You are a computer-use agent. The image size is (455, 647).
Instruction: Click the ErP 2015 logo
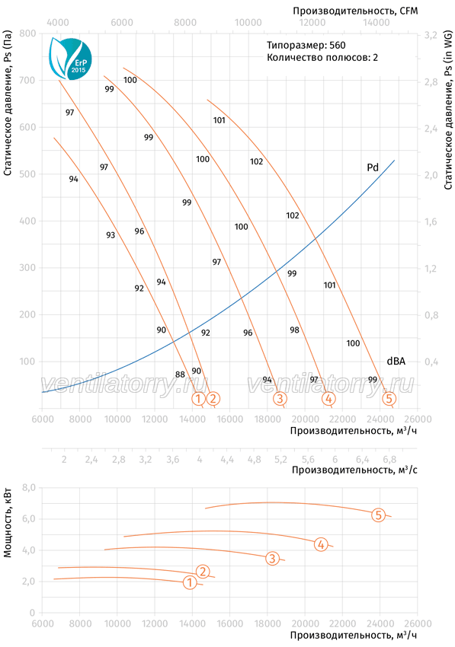pyautogui.click(x=70, y=58)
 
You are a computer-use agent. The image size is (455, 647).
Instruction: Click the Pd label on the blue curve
pyautogui.click(x=373, y=167)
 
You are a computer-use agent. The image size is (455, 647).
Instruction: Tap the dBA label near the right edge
pyautogui.click(x=396, y=361)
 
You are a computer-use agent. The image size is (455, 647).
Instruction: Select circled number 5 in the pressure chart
pyautogui.click(x=389, y=399)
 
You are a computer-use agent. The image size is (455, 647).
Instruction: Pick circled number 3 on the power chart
pyautogui.click(x=272, y=558)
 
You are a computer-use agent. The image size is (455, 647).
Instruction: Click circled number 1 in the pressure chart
pyautogui.click(x=198, y=399)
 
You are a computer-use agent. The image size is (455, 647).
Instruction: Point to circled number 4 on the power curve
pyautogui.click(x=321, y=545)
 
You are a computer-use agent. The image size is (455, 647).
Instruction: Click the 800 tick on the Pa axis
pyautogui.click(x=27, y=33)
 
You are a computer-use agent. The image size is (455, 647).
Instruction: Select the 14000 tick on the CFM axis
pyautogui.click(x=376, y=22)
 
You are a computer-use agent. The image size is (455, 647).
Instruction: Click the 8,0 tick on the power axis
pyautogui.click(x=29, y=488)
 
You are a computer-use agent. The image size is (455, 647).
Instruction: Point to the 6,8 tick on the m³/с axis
pyautogui.click(x=389, y=459)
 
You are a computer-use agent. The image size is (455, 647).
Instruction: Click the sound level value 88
pyautogui.click(x=180, y=374)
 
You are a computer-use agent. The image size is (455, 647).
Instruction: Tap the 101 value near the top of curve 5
pyautogui.click(x=219, y=120)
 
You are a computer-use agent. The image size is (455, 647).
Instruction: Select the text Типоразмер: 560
pyautogui.click(x=306, y=45)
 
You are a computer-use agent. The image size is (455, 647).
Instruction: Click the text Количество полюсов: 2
pyautogui.click(x=322, y=57)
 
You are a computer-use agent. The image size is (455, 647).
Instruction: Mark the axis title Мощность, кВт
pyautogui.click(x=8, y=523)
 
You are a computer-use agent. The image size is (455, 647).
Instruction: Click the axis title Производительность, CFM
pyautogui.click(x=355, y=11)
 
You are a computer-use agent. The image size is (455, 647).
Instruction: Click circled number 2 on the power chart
pyautogui.click(x=203, y=572)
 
